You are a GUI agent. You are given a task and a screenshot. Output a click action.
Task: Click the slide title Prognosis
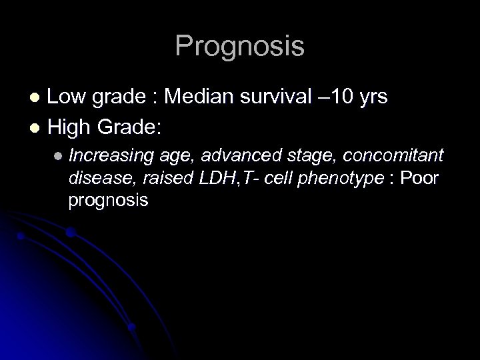pyautogui.click(x=239, y=47)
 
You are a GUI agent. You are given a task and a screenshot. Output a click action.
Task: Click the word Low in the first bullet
pyautogui.click(x=67, y=98)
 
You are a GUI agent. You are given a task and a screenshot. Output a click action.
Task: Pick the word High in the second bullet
pyautogui.click(x=70, y=124)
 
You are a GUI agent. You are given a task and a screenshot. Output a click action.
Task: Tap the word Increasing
pyautogui.click(x=111, y=156)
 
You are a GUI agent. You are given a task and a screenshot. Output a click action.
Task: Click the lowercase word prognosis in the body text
pyautogui.click(x=108, y=201)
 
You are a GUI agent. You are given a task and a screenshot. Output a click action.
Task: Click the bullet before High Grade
pyautogui.click(x=37, y=125)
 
